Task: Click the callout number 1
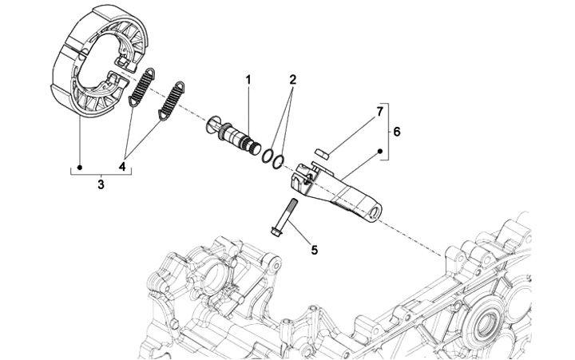tap(248, 80)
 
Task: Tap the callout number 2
tap(292, 80)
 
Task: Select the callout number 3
tap(101, 184)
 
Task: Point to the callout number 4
tap(122, 167)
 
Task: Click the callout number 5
tap(314, 250)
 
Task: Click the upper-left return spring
tap(142, 85)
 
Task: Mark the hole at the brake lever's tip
tap(376, 212)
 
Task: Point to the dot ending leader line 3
tap(80, 168)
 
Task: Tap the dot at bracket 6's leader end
tap(380, 149)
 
